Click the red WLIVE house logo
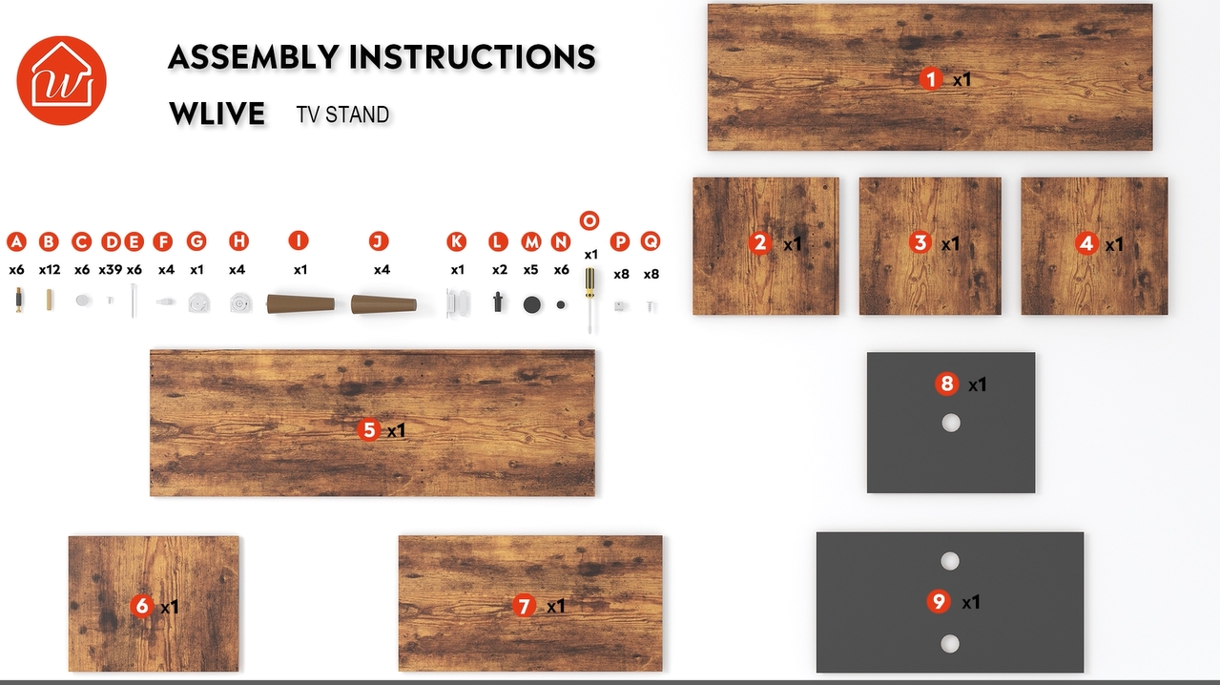[x=62, y=81]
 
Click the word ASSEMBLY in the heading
[x=254, y=57]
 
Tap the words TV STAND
[x=342, y=114]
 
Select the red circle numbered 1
[x=931, y=79]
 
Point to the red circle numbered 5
[x=369, y=429]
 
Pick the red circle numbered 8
[x=946, y=384]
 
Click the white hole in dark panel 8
[x=951, y=423]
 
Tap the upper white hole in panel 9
[x=950, y=561]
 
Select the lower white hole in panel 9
[x=950, y=644]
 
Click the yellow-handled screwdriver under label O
[x=589, y=300]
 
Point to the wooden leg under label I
[x=300, y=303]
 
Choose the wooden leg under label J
[x=383, y=304]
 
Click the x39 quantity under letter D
[x=110, y=270]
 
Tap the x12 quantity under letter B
[x=50, y=270]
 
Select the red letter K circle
[x=456, y=241]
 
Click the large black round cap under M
[x=532, y=304]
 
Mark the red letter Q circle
[x=651, y=240]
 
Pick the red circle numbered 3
[x=920, y=242]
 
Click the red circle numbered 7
[x=524, y=606]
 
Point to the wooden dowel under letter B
[x=50, y=300]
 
